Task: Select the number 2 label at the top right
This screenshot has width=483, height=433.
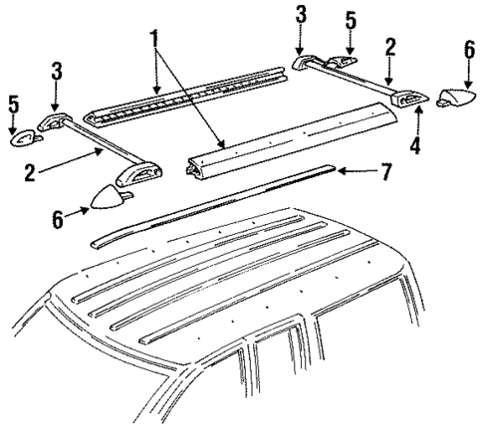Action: click(390, 45)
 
